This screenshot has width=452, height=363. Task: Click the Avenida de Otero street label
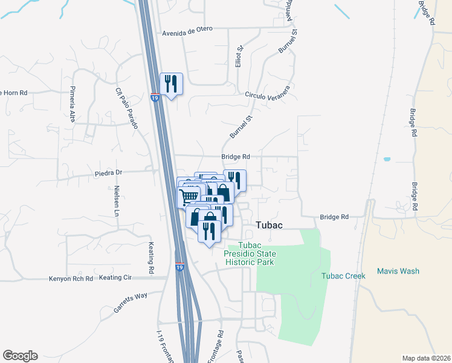tap(189, 33)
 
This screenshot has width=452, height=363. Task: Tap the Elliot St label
tap(239, 56)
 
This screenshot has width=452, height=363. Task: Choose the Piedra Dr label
tap(109, 172)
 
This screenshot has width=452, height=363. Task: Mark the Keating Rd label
tap(152, 257)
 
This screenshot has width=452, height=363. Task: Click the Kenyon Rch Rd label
tap(71, 279)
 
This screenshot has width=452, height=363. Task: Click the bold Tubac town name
tap(270, 224)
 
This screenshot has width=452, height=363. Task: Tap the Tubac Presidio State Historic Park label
tap(250, 253)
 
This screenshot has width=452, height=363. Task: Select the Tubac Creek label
tap(343, 276)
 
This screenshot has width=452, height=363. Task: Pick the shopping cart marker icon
tap(189, 196)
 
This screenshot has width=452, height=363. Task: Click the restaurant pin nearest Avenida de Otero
tap(171, 83)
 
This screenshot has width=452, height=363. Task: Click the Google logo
tap(20, 356)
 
